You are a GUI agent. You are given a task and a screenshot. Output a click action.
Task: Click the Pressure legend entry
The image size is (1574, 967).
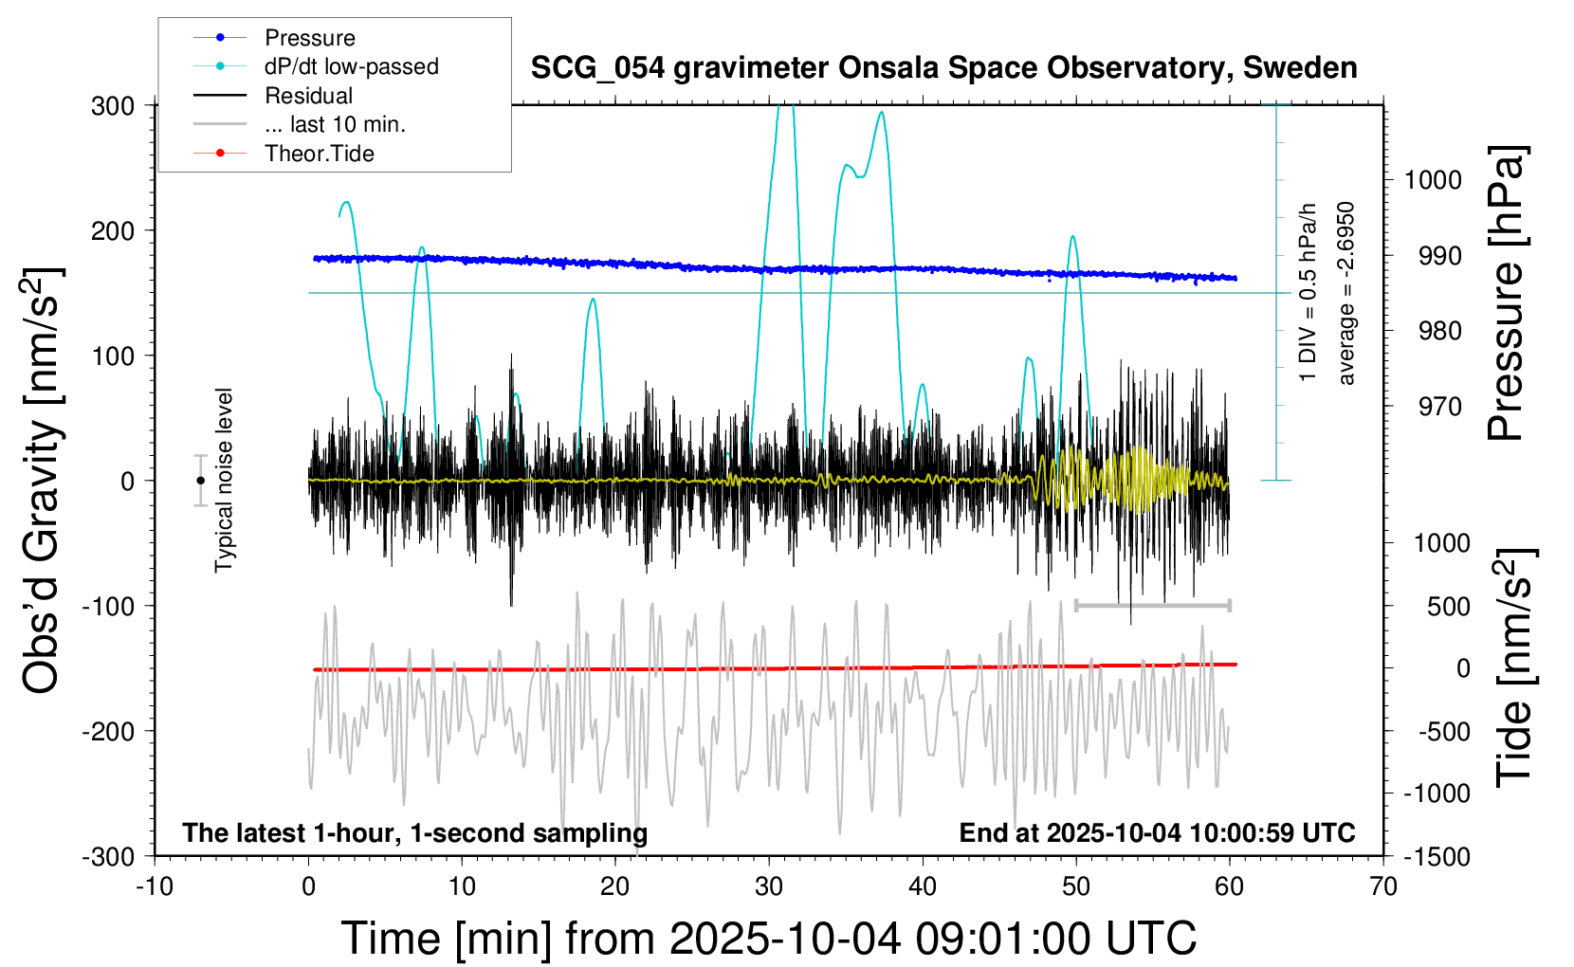pos(309,38)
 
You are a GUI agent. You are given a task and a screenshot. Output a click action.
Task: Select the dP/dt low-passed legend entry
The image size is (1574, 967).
pos(351,66)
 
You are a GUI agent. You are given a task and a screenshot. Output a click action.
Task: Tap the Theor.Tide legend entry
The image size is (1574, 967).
pos(319,154)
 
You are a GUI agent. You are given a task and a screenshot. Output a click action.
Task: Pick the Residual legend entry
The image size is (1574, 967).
pos(308,96)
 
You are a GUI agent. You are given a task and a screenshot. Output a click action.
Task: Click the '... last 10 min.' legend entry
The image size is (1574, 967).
pos(335,124)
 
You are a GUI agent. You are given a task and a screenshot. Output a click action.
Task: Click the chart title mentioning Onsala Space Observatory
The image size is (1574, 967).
pos(943,68)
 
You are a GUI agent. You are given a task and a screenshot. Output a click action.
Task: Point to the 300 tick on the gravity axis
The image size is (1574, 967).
pos(113,106)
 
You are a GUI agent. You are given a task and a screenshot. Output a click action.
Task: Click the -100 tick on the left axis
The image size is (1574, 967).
pos(108,606)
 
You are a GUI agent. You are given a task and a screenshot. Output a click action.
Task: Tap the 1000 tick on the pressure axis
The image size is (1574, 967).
pos(1433,180)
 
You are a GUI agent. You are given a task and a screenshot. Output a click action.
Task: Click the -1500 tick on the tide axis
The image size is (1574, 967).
pos(1437,857)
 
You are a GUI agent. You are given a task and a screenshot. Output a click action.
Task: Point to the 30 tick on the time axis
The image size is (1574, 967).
pos(769,887)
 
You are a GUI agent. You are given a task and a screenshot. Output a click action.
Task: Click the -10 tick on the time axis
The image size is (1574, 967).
pos(155,887)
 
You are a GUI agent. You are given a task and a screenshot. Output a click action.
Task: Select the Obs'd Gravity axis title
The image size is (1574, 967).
pos(42,481)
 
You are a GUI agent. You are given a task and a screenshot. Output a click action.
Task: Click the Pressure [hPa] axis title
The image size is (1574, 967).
pos(1507,294)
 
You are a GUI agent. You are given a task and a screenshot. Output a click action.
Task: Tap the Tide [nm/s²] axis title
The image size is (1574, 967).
pos(1514,667)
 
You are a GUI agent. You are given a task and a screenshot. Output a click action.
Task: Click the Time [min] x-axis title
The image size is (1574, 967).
pos(768,939)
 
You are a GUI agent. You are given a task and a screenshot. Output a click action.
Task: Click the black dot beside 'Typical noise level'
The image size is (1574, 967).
pos(200,481)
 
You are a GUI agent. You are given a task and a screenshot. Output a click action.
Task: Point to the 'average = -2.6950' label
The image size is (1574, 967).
pos(1346,294)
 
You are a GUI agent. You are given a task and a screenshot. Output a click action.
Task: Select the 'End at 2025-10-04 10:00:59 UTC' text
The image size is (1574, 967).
pos(1157,833)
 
